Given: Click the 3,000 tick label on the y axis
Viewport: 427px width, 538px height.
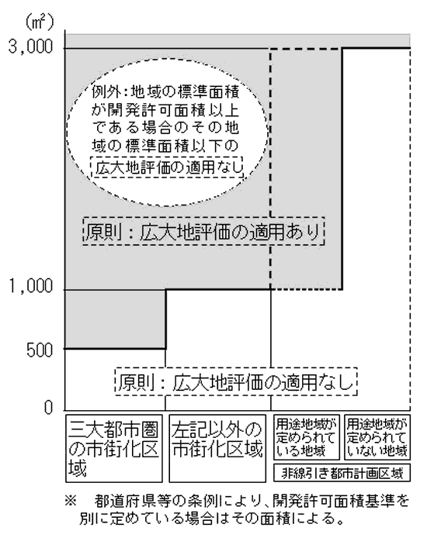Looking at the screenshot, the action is point(30,47).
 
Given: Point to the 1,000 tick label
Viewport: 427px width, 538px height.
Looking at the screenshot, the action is point(30,286).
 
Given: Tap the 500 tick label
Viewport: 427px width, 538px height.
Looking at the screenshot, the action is point(40,350).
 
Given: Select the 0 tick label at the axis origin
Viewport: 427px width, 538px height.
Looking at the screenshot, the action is point(48,408).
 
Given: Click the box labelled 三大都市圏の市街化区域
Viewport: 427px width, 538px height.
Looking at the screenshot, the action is point(113,448).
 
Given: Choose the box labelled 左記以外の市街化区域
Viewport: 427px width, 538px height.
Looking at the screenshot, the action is point(217,448).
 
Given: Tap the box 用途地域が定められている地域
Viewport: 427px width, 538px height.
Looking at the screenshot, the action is point(307,437).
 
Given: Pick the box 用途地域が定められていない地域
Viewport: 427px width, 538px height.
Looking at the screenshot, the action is point(377,437).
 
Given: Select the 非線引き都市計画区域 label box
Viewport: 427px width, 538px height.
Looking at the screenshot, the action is point(342,473).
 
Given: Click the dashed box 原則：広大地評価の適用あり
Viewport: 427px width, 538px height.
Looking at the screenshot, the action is point(203,231).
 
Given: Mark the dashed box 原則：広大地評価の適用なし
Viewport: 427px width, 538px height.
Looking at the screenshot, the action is point(236,381).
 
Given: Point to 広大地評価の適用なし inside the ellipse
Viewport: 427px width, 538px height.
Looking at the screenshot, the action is point(167,167).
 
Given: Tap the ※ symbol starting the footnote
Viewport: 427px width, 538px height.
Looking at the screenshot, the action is point(71,502).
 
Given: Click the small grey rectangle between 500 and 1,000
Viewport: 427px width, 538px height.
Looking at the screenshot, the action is point(116,319).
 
